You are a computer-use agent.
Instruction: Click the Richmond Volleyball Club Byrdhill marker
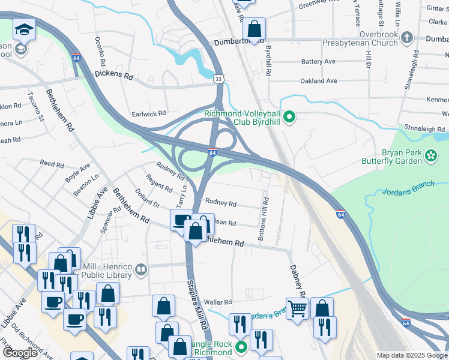(x=289, y=116)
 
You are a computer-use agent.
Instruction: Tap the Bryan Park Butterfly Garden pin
(x=431, y=156)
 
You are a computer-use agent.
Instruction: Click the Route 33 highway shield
(x=220, y=79)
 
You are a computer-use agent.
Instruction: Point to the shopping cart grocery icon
(x=297, y=308)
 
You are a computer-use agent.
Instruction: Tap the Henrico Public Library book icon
(x=141, y=269)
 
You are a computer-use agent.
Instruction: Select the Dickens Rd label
(x=113, y=76)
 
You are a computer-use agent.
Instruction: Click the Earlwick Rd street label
(x=149, y=113)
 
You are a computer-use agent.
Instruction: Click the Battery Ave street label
(x=318, y=62)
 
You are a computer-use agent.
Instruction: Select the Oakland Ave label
(x=319, y=80)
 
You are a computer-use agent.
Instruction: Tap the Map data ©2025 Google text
(x=411, y=355)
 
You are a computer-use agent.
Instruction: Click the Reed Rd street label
(x=52, y=164)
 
